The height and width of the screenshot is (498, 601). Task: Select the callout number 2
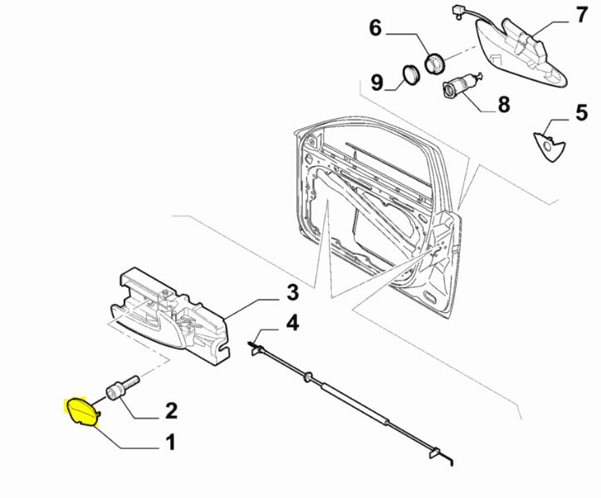click(171, 410)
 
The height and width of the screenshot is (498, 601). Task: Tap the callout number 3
click(291, 292)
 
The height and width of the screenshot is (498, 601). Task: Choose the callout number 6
click(375, 29)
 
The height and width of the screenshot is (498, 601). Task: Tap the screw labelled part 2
click(121, 389)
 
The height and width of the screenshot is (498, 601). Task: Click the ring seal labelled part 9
click(410, 74)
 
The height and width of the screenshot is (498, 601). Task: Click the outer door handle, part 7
click(523, 50)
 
